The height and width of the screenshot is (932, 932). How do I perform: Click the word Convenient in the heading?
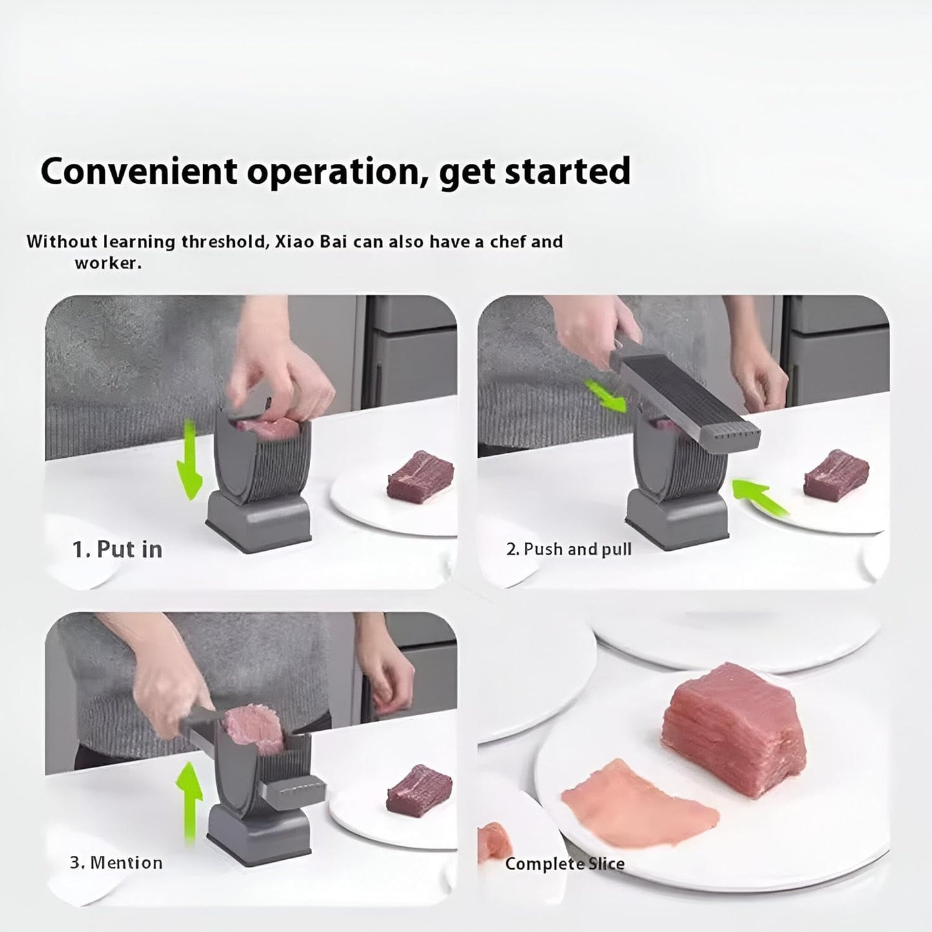click(x=139, y=171)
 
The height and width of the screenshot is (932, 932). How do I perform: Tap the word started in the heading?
click(x=568, y=171)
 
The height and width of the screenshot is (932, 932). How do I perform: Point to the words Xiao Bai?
click(x=311, y=241)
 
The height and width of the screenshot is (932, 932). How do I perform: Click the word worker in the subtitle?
click(x=108, y=264)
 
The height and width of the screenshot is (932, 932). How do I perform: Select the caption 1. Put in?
click(x=117, y=550)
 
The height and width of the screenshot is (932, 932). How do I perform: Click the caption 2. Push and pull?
click(x=569, y=550)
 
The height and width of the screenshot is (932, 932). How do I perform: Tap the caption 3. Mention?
click(x=116, y=863)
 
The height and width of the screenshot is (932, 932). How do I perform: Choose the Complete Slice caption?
click(x=564, y=864)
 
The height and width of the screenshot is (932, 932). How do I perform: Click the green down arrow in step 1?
click(x=189, y=459)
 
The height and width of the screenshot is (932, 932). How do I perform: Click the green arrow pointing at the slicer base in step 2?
click(x=760, y=497)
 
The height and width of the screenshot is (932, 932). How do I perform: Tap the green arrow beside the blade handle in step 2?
click(x=605, y=396)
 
